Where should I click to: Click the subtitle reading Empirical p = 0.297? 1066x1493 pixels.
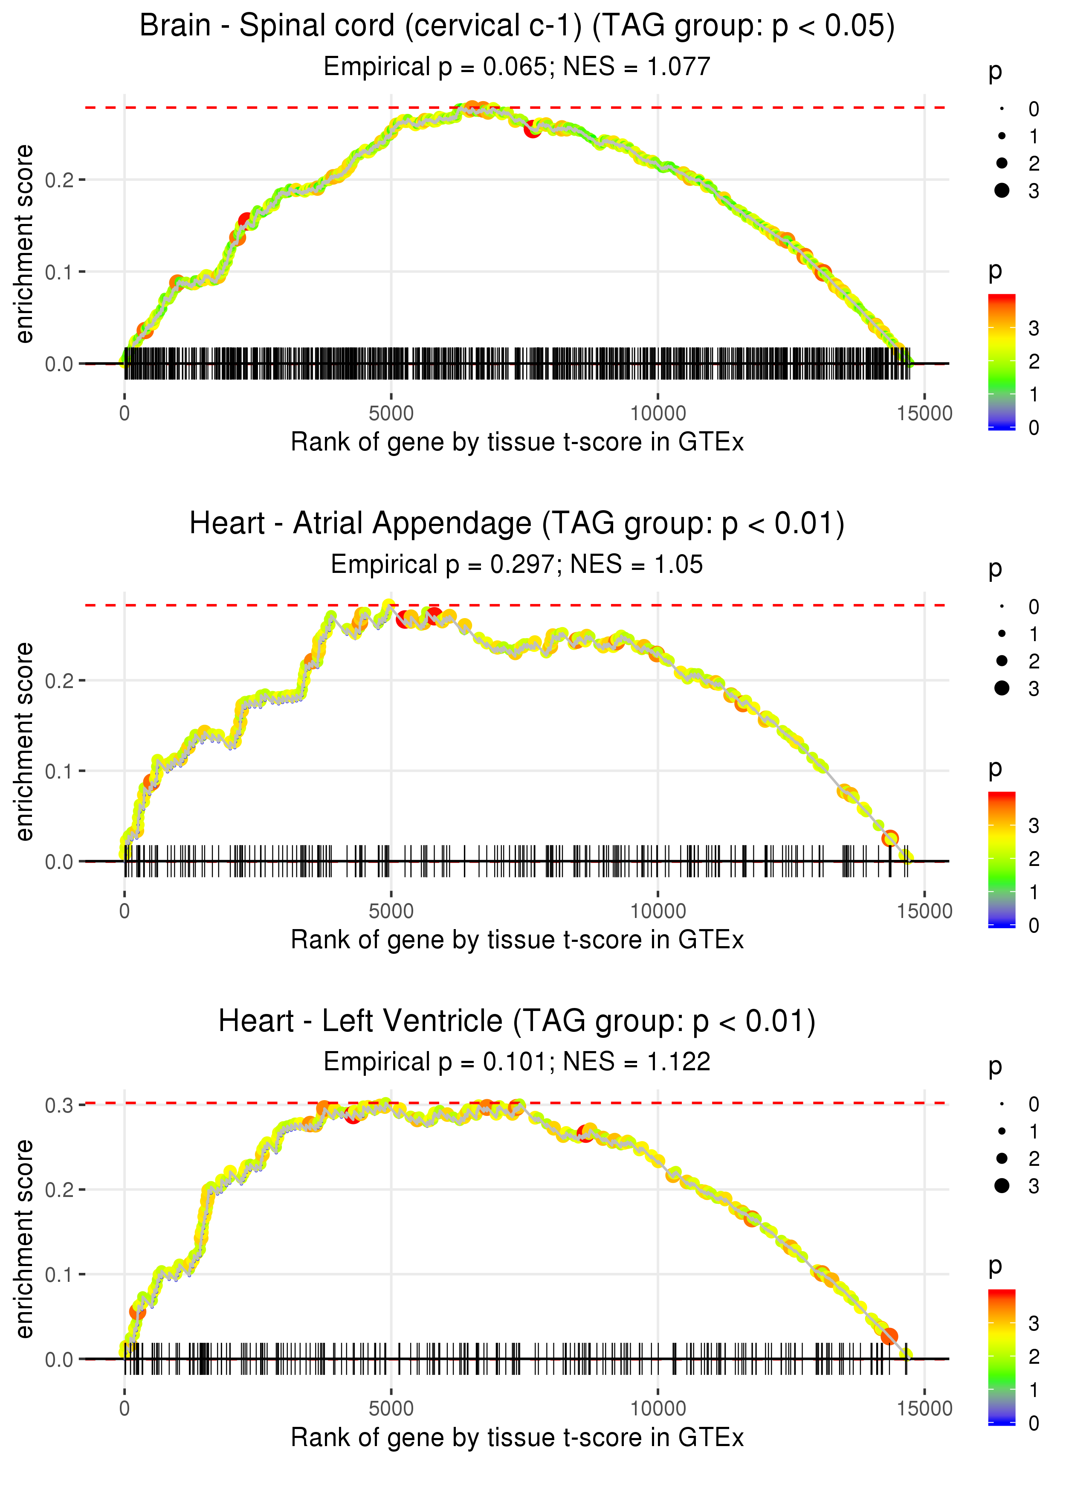click(517, 564)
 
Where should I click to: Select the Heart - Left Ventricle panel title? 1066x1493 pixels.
click(517, 1022)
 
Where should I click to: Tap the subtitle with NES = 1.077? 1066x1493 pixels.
click(517, 66)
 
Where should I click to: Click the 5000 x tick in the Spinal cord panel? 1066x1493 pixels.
click(391, 414)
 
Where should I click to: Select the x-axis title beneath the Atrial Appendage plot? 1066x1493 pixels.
click(517, 940)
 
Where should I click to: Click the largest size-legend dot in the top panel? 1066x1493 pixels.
click(1002, 190)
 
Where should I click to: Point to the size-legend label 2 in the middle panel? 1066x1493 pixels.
click(1034, 661)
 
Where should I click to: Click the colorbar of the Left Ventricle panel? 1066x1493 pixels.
click(1002, 1357)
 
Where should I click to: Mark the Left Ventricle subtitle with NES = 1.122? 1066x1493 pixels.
click(517, 1062)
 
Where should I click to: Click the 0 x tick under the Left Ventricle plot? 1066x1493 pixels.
click(125, 1409)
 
